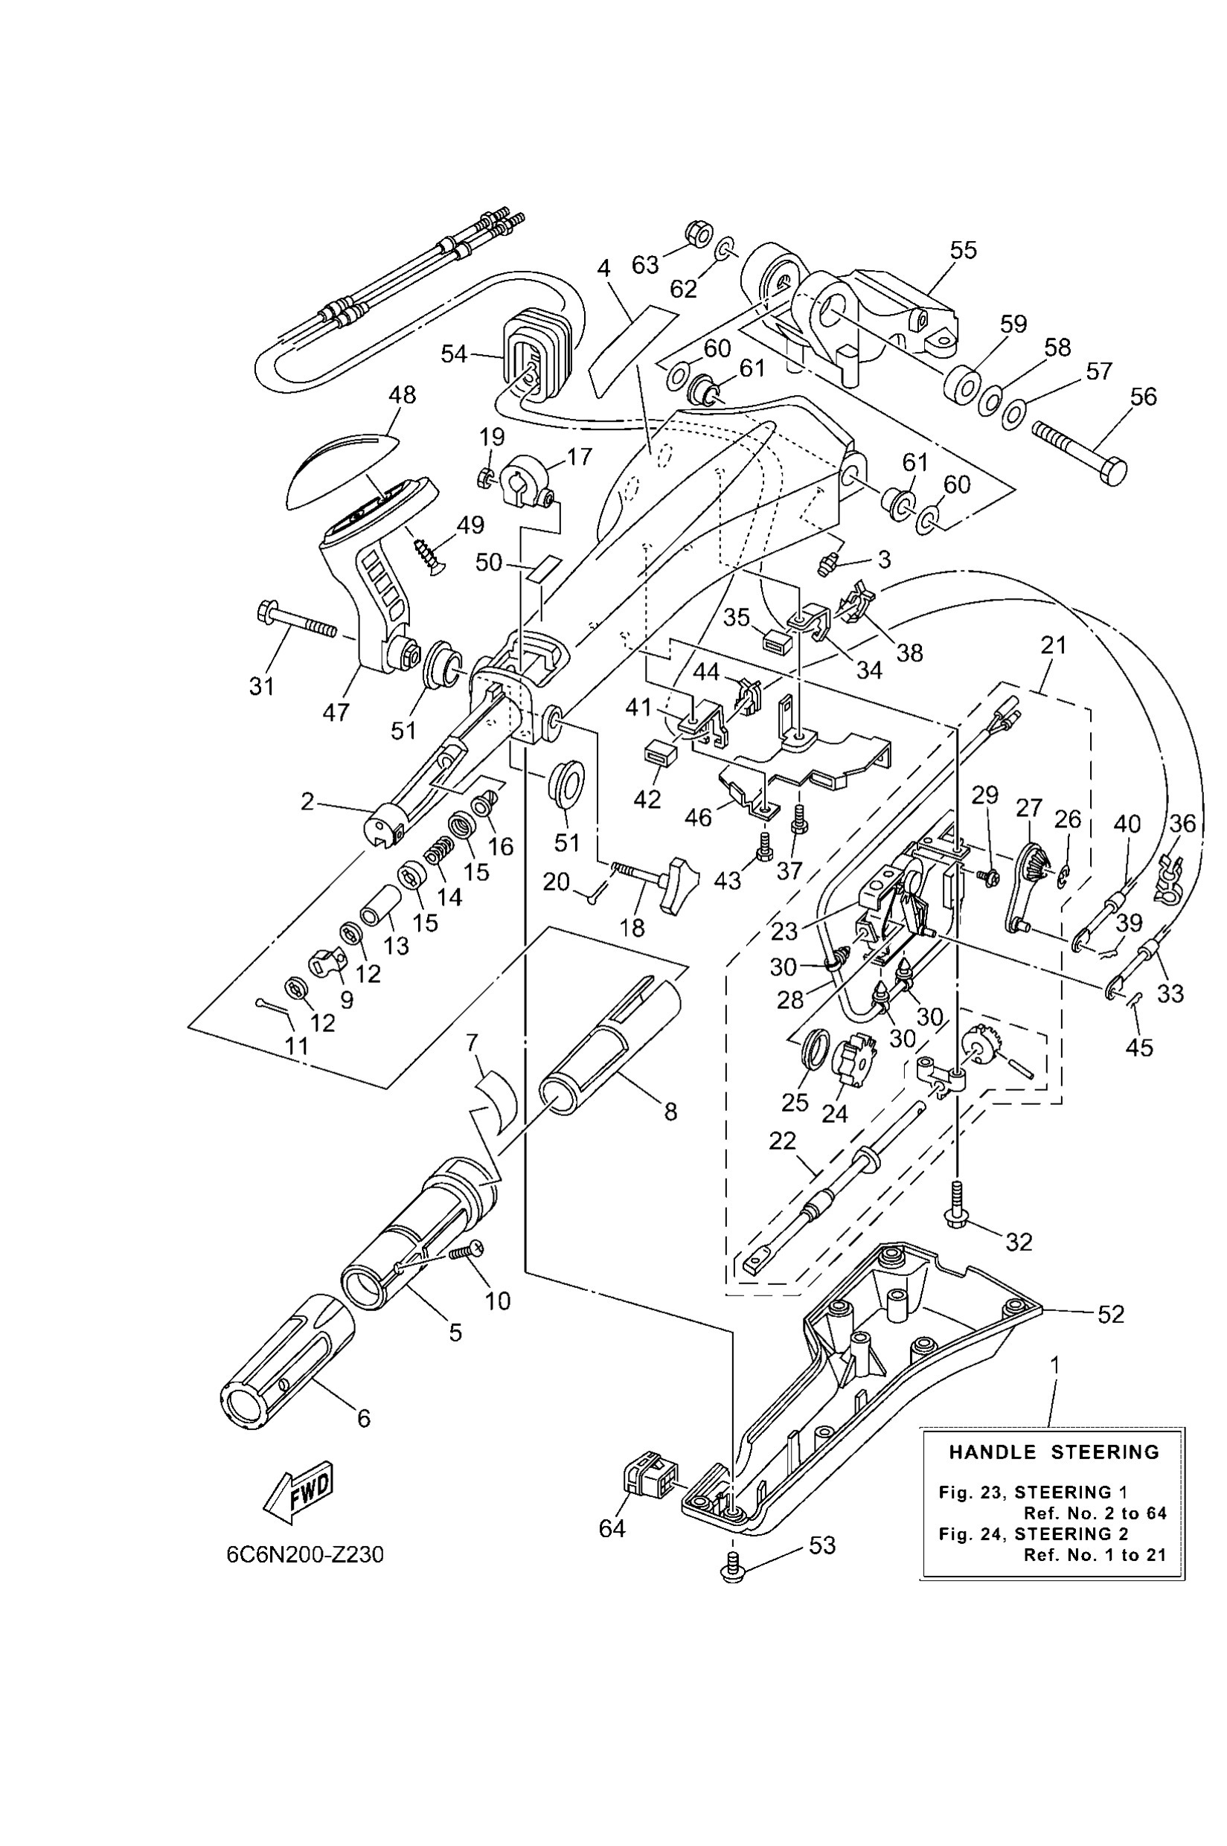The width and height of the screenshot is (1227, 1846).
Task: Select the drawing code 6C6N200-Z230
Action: tap(305, 1554)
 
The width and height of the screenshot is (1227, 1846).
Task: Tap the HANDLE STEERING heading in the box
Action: tap(1054, 1452)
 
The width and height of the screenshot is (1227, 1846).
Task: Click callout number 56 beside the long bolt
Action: tap(1142, 397)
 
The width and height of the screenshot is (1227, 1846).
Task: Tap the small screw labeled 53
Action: tap(733, 1574)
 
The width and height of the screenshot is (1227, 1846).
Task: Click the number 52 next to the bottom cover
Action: tap(1110, 1314)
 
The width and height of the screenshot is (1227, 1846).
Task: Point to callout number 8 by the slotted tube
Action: tap(670, 1111)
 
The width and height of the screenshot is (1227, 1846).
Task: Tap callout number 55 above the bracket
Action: tap(964, 251)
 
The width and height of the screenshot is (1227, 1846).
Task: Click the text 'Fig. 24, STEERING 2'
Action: tap(1034, 1533)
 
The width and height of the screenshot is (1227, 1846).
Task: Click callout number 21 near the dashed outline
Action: tap(1054, 645)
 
